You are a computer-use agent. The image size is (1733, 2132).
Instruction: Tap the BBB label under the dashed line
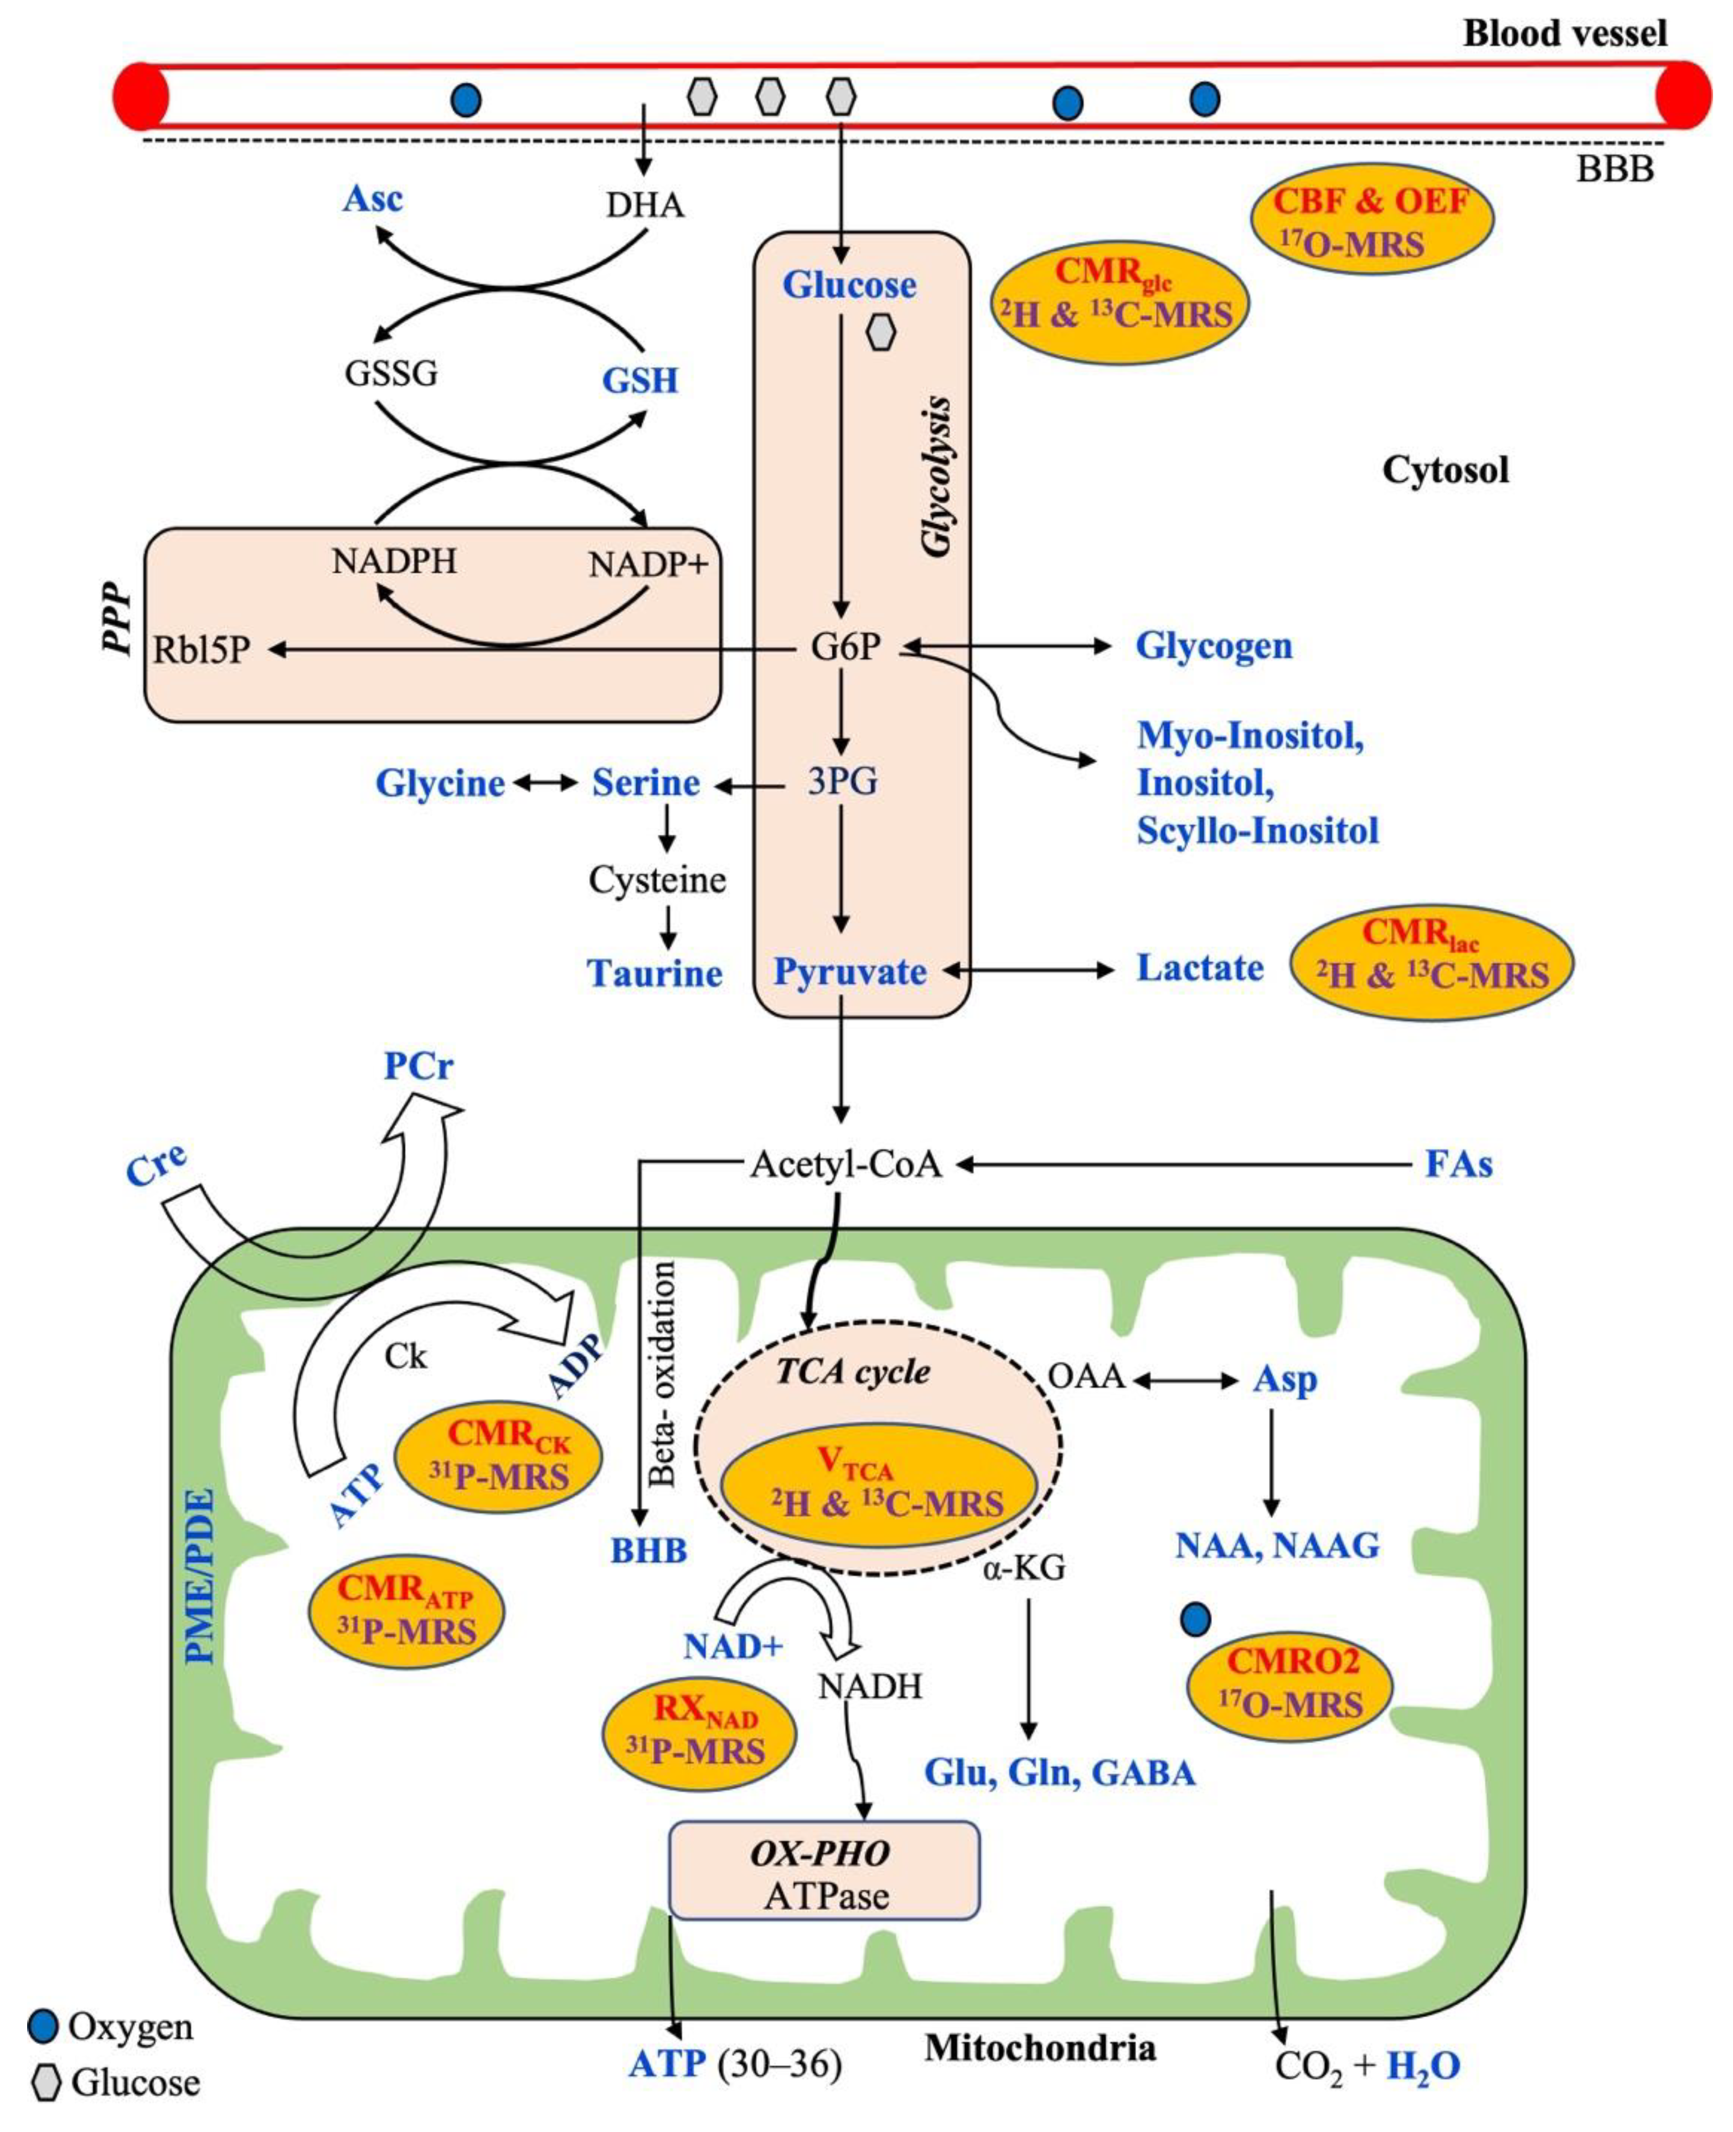(1614, 169)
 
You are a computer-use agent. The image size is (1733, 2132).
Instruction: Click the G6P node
(845, 647)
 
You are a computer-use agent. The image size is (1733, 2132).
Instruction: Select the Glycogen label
(1213, 646)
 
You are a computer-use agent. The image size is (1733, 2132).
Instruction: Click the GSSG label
(390, 373)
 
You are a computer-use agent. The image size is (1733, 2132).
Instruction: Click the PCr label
(418, 1066)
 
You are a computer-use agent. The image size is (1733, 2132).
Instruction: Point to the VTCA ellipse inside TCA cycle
(876, 1485)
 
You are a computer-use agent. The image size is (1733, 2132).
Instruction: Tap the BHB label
(649, 1551)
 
